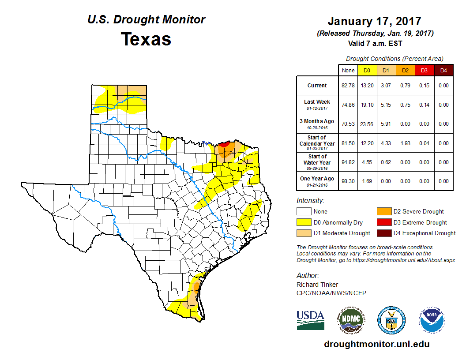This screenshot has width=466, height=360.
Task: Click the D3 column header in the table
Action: coord(424,70)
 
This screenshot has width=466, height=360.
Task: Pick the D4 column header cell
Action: coord(443,70)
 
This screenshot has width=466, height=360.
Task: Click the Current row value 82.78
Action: coord(348,86)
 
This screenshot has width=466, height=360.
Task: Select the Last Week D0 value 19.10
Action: coord(367,105)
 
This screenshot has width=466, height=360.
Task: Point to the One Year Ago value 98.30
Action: coord(348,181)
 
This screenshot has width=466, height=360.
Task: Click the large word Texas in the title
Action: coord(146,39)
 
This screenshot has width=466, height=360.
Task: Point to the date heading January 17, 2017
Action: coord(374,21)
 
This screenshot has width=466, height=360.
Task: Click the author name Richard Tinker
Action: coord(317,285)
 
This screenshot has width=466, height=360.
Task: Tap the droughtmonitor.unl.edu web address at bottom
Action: coord(376,344)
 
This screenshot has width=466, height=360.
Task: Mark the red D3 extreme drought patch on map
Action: coord(224,144)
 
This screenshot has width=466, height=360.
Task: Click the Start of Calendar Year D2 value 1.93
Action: coord(405,143)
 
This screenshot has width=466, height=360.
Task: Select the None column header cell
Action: coord(348,70)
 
